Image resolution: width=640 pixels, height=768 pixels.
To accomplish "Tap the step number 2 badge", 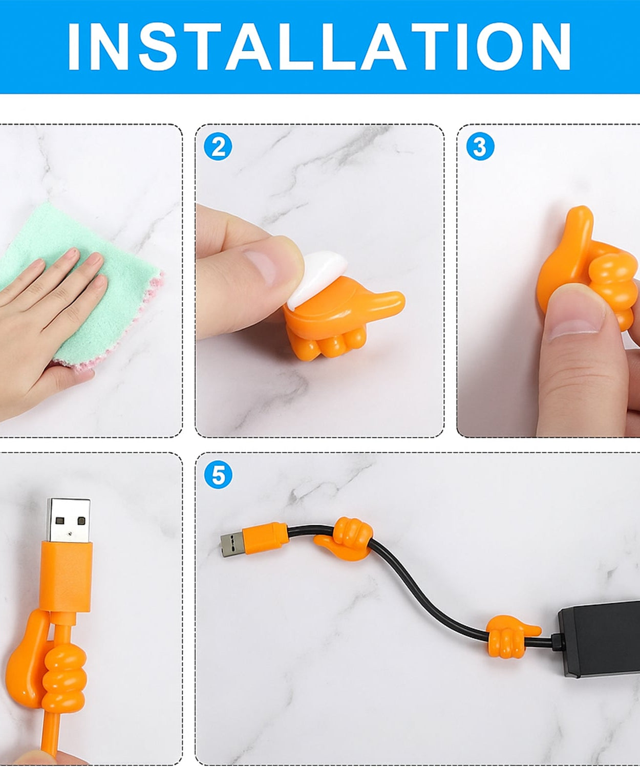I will coord(218,147).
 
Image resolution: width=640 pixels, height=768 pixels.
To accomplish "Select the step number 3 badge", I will coord(480,147).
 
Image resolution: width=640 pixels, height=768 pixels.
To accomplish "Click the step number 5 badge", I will coord(218,475).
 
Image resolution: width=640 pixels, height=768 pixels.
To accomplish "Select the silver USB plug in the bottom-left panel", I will coord(68,520).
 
